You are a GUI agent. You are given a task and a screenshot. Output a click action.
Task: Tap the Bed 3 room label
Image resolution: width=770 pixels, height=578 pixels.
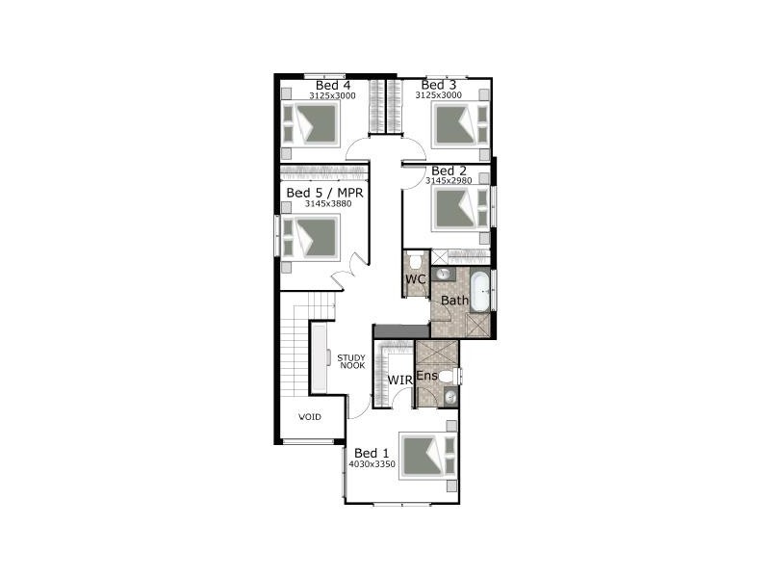coord(438,85)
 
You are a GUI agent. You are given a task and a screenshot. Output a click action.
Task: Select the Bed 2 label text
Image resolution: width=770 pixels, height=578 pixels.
coord(449,171)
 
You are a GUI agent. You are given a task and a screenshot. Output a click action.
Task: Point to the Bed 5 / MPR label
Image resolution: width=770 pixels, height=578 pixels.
coord(323,193)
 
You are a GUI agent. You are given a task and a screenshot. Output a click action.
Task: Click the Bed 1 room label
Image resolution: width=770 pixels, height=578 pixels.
coord(372,453)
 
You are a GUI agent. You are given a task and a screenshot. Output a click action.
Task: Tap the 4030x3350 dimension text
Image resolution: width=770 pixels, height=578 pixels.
coord(372,463)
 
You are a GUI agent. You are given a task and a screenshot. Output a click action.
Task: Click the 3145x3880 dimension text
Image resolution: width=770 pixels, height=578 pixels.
coord(323,203)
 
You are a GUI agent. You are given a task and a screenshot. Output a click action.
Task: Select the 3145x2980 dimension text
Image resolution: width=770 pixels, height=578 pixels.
coord(449,180)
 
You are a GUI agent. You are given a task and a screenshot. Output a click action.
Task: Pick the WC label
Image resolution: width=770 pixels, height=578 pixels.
coord(415,279)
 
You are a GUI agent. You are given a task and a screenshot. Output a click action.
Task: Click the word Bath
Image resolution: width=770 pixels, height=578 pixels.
coord(454,301)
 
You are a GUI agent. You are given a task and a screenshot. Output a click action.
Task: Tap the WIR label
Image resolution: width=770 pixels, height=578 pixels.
coord(399,381)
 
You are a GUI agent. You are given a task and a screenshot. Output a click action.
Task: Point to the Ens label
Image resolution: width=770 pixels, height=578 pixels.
coord(426,375)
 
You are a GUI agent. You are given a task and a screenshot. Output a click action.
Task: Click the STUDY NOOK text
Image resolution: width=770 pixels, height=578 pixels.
coord(351,361)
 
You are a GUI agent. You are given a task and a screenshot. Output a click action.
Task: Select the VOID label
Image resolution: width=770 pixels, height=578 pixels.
coord(309,417)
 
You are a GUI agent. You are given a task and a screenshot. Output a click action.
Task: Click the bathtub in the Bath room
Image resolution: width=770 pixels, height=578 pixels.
coord(482,290)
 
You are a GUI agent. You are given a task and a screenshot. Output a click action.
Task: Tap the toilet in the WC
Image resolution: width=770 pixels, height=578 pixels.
coord(415,260)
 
